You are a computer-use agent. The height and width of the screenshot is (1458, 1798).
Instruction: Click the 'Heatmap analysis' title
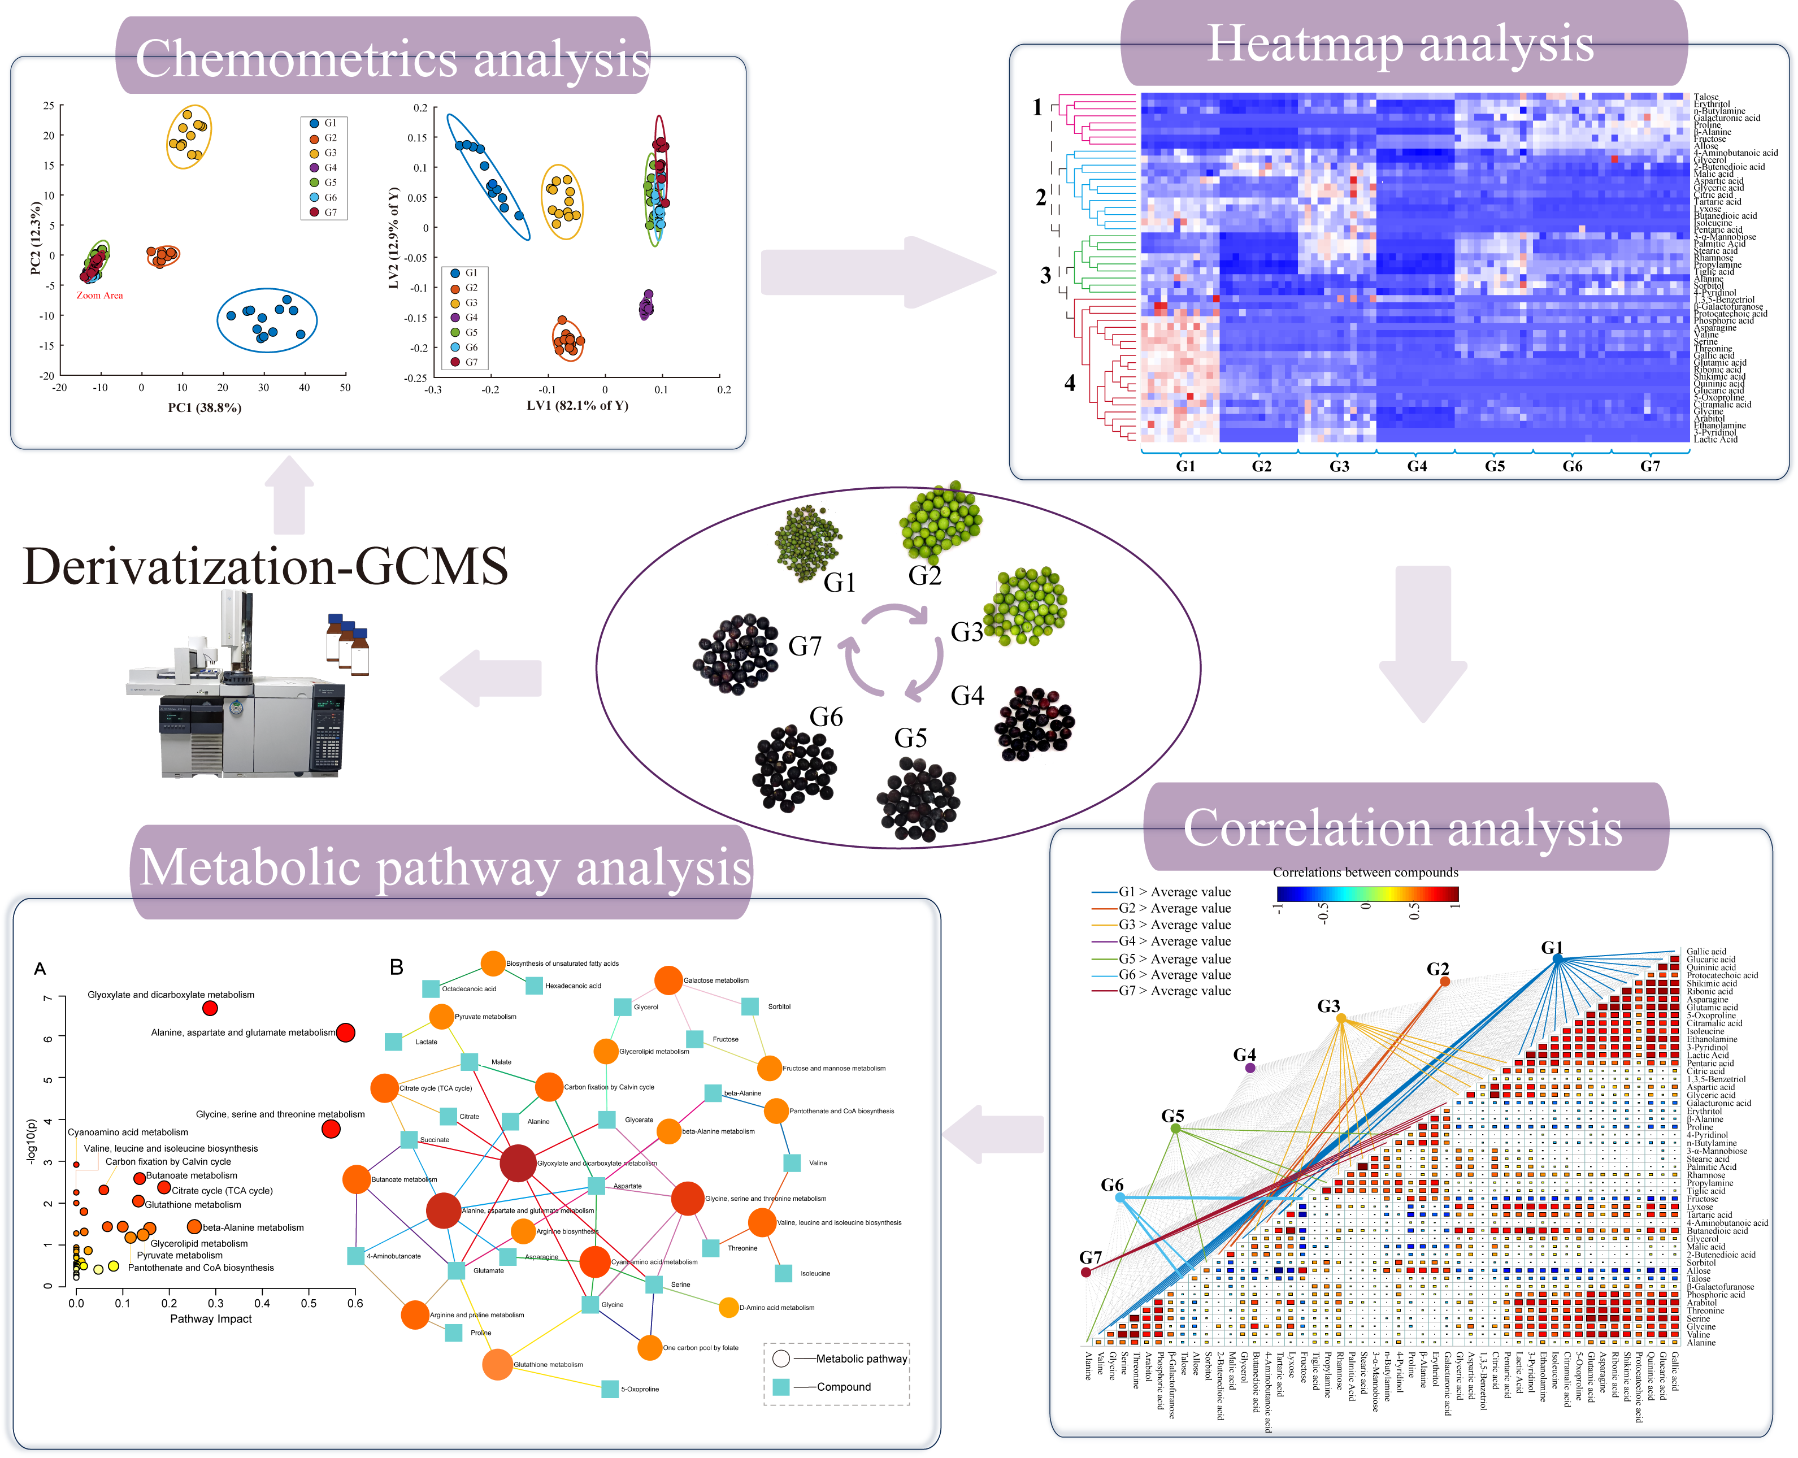[x=1400, y=44]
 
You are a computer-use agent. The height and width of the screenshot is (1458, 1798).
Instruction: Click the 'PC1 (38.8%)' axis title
[x=204, y=407]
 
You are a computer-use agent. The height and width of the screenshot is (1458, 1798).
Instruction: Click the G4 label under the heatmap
[x=1417, y=466]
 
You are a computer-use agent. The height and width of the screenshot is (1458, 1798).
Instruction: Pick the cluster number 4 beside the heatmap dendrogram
[x=1069, y=383]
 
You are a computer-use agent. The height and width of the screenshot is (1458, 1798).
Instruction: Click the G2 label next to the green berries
[x=924, y=576]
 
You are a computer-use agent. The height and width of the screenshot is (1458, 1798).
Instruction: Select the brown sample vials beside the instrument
[x=348, y=644]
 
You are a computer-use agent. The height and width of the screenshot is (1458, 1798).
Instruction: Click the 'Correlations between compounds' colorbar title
[x=1366, y=872]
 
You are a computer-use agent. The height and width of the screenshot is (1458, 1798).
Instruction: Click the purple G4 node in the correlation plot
[x=1249, y=1068]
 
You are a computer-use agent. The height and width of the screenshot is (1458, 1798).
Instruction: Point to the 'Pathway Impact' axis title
[x=211, y=1318]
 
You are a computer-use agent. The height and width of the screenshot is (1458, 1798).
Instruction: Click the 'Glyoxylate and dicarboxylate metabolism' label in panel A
[x=171, y=995]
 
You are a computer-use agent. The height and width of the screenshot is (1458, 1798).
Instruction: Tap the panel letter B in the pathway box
[x=396, y=967]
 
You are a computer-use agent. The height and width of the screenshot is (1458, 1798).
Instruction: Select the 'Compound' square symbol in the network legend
[x=781, y=1387]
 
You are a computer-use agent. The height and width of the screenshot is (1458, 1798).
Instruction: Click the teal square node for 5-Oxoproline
[x=610, y=1389]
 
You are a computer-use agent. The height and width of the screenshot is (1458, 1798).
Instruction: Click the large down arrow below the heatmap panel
[x=1423, y=645]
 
